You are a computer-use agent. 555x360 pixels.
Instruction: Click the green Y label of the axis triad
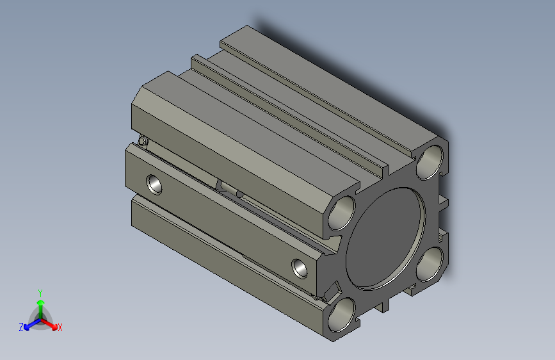coord(40,293)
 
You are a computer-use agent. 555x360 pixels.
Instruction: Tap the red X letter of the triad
coord(60,327)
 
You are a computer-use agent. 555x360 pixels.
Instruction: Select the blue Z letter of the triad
coord(21,327)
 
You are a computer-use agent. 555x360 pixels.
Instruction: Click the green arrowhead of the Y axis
coord(41,303)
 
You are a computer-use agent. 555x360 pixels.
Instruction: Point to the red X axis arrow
coord(49,323)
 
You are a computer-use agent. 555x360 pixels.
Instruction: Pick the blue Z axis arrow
coord(32,324)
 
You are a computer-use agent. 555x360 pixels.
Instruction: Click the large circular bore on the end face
coord(385,238)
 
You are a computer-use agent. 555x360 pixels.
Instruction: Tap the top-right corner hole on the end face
coord(430,162)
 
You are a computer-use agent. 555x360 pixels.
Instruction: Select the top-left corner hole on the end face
coord(342,213)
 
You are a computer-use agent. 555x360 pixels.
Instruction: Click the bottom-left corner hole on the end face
coord(342,315)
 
